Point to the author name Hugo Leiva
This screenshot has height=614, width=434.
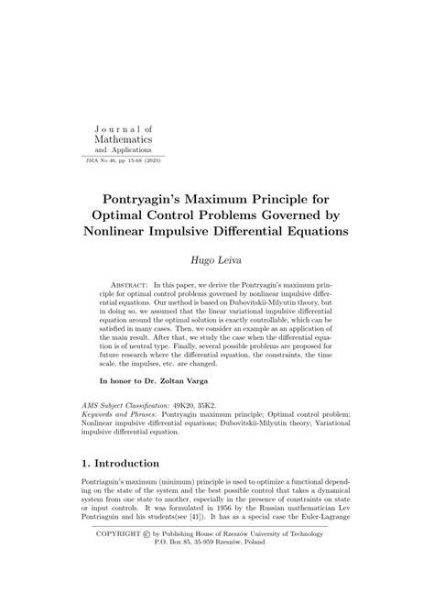(x=216, y=262)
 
